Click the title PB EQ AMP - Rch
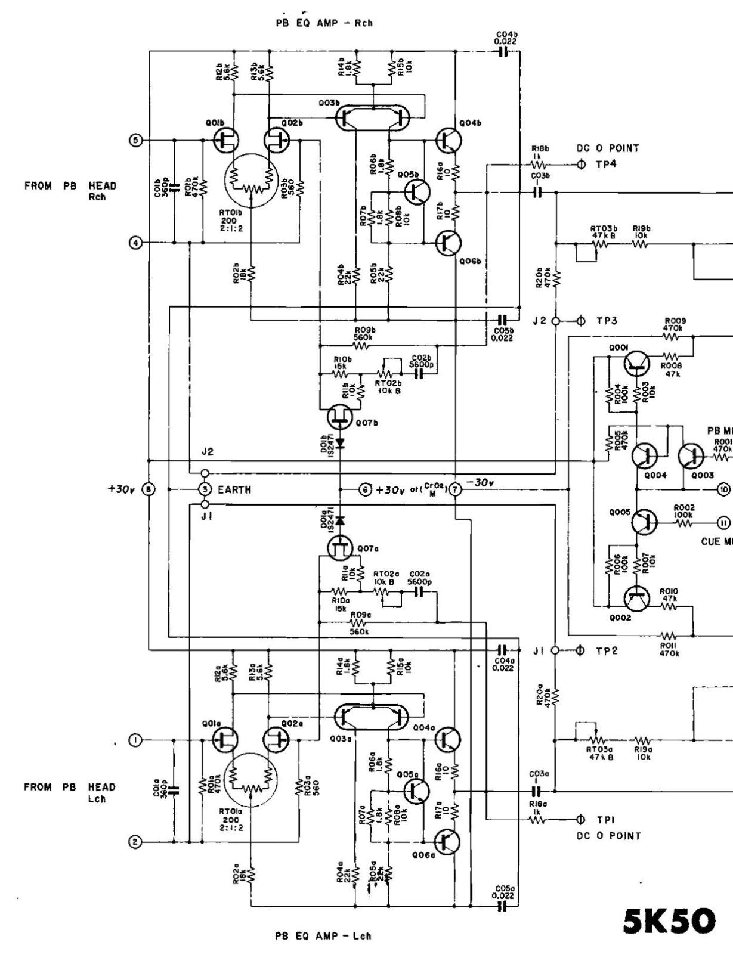pos(323,23)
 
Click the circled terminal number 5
pos(135,140)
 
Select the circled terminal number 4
pos(135,243)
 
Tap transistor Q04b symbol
pos(447,140)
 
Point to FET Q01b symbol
pos(225,140)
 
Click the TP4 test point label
pos(605,165)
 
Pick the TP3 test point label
pos(607,321)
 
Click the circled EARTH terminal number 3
pos(205,489)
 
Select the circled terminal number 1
pos(135,740)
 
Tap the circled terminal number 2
pos(135,842)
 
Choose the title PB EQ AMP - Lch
pos(323,936)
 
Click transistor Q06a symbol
pos(447,842)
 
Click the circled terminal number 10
pos(723,489)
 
